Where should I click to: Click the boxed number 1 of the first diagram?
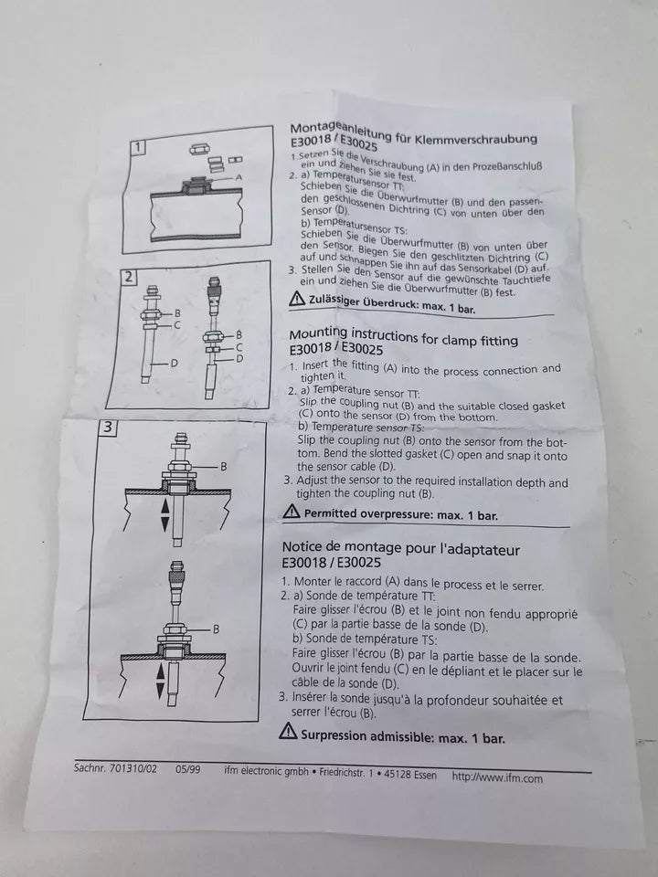138,148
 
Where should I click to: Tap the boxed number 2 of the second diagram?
129,277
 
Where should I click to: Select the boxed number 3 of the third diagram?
108,428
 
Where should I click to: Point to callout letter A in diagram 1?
239,176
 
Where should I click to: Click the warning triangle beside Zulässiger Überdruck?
297,299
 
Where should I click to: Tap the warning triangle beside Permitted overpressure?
291,511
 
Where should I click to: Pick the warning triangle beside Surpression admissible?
288,731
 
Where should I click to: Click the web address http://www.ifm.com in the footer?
497,777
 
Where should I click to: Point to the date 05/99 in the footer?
188,769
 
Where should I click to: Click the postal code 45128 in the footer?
399,775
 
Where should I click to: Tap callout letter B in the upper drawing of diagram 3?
223,466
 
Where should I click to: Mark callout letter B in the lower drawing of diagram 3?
216,629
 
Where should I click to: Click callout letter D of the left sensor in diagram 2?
174,364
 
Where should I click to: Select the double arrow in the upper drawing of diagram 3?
164,515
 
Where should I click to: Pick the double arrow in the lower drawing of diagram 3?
160,681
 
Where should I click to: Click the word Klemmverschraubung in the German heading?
475,139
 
